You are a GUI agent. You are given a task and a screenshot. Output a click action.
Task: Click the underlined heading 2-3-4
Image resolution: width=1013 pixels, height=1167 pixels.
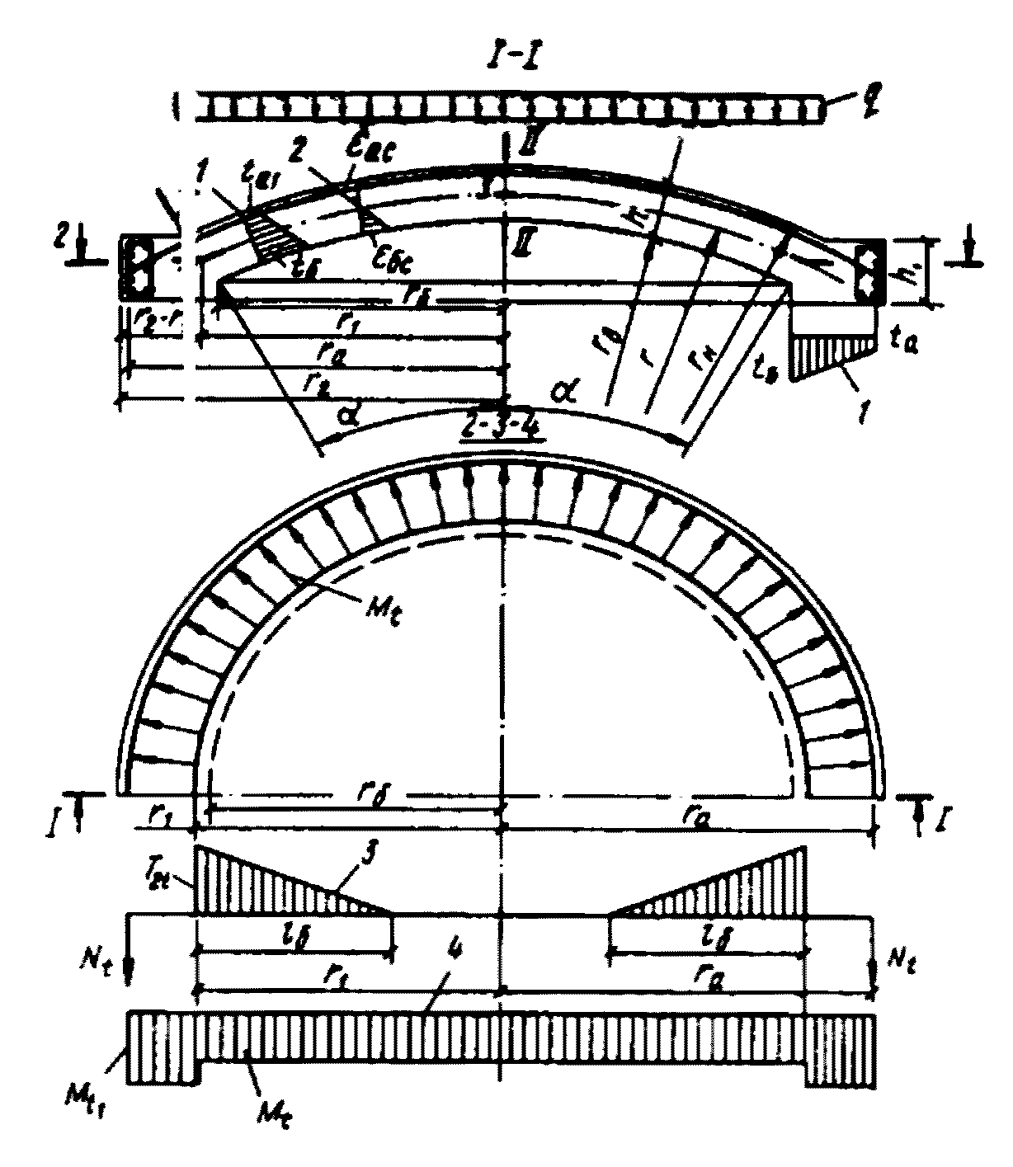[x=504, y=431]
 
